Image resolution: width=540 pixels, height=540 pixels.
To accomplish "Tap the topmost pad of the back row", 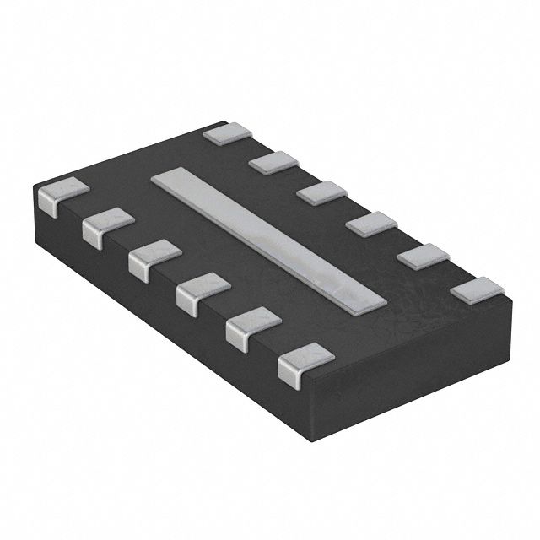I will pyautogui.click(x=228, y=133).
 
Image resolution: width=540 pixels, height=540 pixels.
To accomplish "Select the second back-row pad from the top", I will pyautogui.click(x=274, y=160).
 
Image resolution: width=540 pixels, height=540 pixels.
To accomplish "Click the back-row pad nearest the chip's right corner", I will pyautogui.click(x=475, y=289).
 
